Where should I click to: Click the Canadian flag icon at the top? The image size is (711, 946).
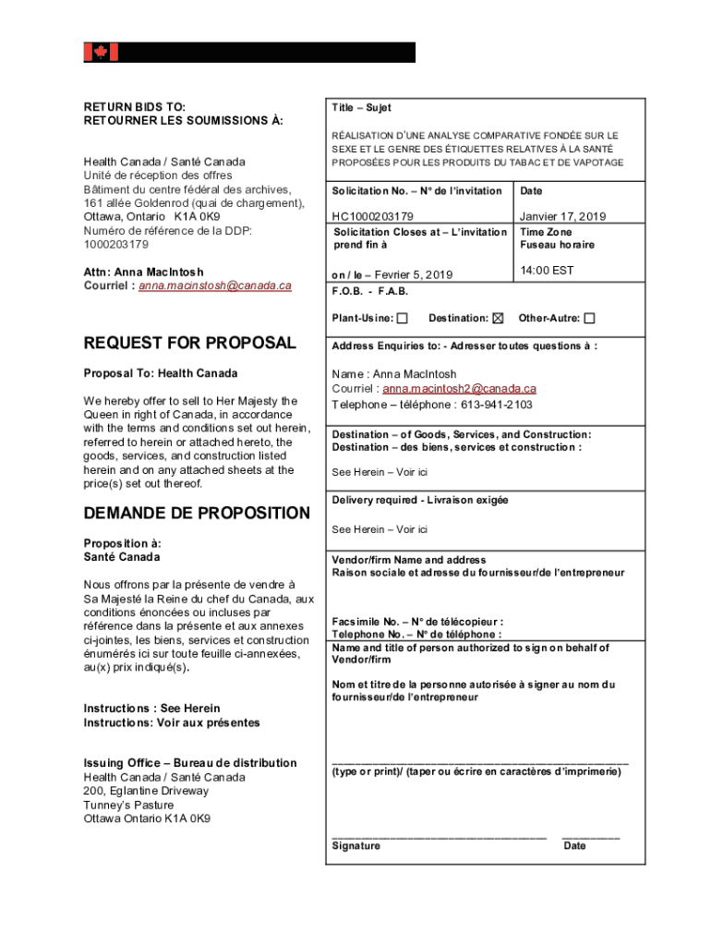[x=101, y=53]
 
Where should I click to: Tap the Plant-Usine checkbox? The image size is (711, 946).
[x=402, y=319]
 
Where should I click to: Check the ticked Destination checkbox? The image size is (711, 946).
[x=499, y=319]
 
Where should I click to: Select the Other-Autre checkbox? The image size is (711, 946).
[x=590, y=319]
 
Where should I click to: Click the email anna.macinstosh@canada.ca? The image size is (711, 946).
[x=215, y=285]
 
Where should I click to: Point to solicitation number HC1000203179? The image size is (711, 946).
[x=373, y=216]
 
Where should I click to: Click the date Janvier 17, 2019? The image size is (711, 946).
[x=563, y=216]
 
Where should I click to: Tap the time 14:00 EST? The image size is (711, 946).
[x=547, y=271]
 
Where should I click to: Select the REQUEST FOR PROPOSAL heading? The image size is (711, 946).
[x=189, y=343]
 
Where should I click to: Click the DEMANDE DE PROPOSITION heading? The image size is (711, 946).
[x=197, y=513]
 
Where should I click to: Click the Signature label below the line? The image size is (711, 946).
[x=355, y=845]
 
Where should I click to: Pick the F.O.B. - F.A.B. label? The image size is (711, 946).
[x=370, y=291]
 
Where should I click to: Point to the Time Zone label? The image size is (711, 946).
[x=546, y=232]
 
